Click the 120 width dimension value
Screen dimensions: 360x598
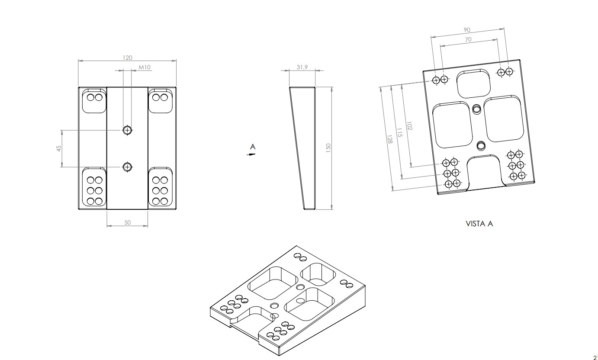click(127, 58)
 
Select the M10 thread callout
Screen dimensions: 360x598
click(145, 67)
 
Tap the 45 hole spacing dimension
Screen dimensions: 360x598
click(59, 148)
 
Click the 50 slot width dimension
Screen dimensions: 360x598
click(128, 222)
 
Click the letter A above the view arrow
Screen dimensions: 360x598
click(253, 147)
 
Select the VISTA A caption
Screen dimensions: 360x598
click(479, 224)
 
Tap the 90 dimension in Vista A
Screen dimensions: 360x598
click(467, 30)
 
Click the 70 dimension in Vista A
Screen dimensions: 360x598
click(468, 39)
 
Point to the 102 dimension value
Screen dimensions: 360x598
click(409, 126)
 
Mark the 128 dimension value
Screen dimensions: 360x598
click(389, 139)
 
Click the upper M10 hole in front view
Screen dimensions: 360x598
click(127, 129)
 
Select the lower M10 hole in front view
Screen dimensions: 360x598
click(127, 167)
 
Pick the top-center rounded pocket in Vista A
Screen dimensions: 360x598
click(474, 84)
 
